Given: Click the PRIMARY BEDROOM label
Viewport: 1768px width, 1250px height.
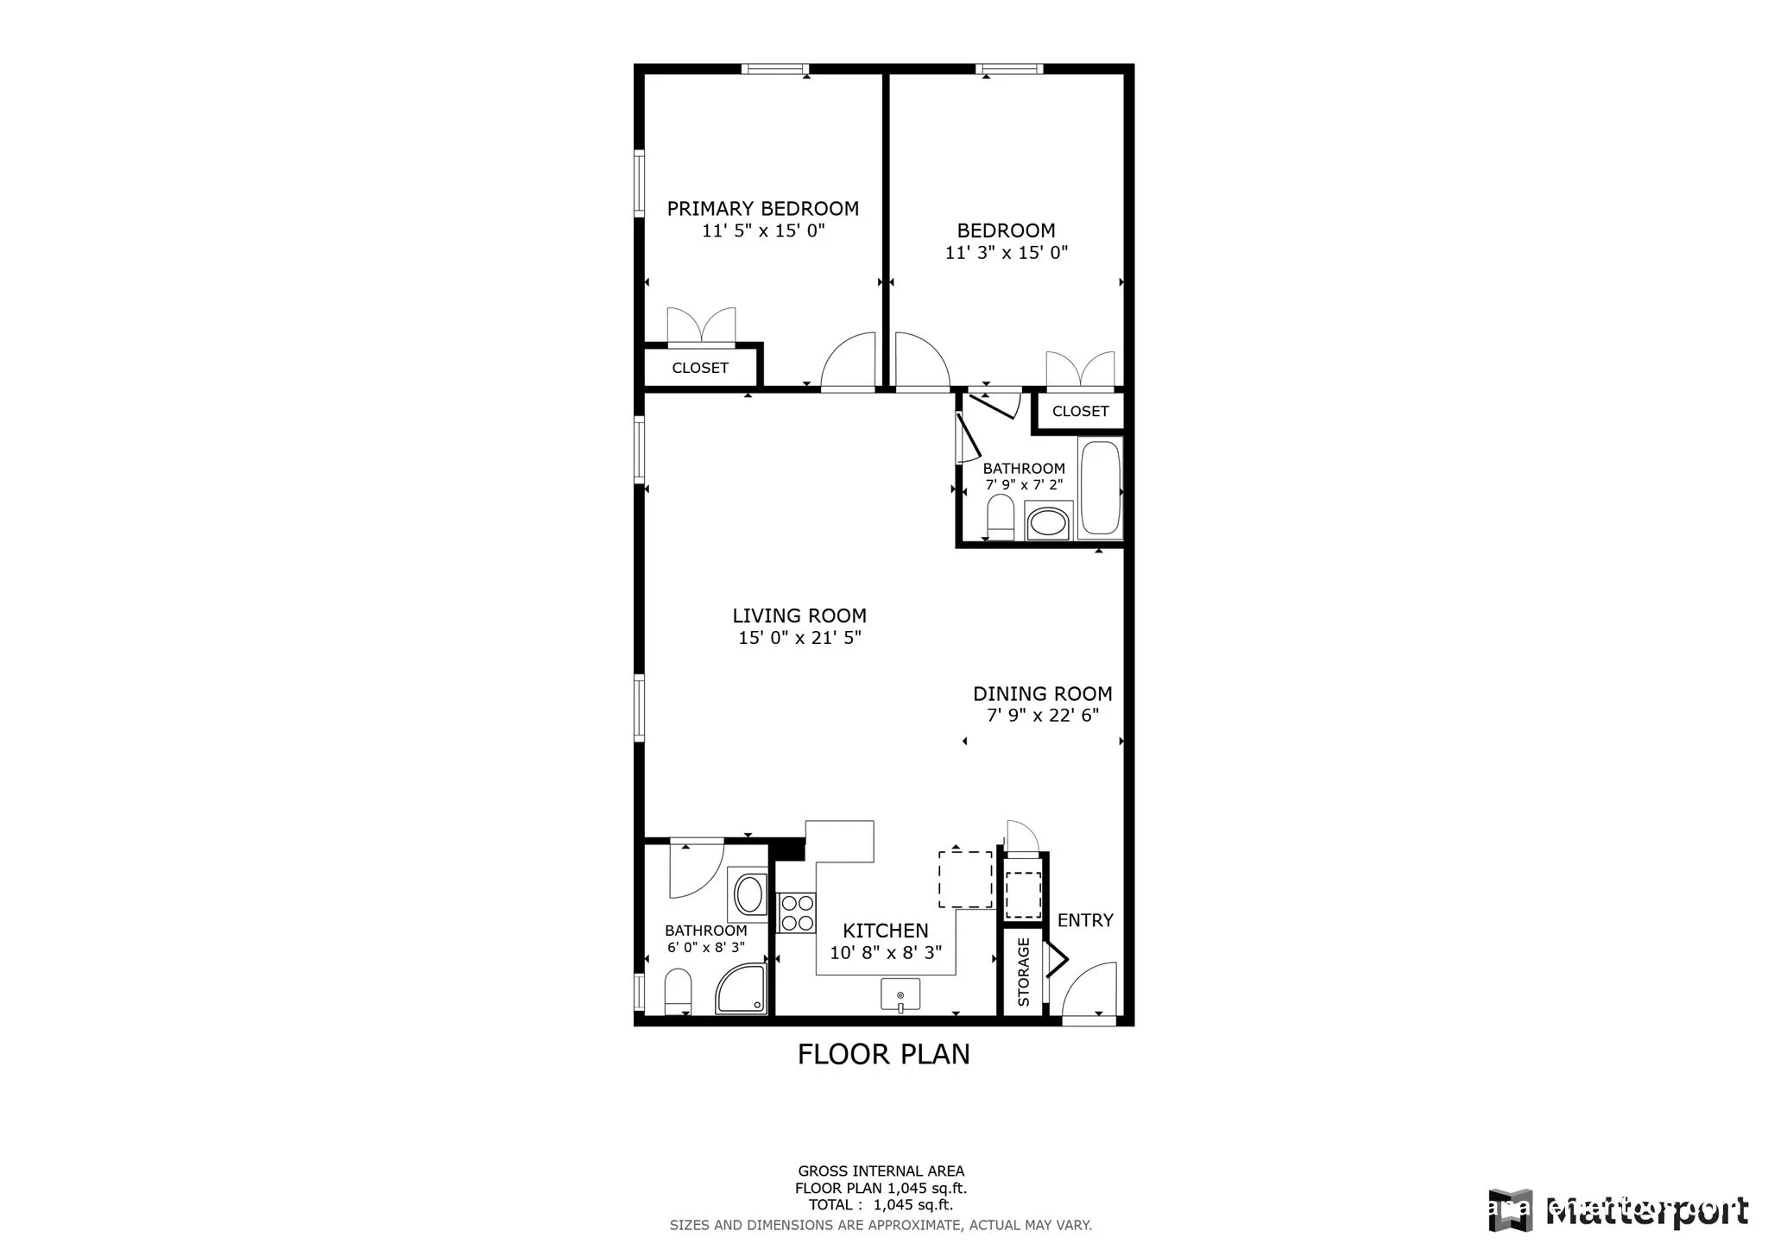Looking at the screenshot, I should pyautogui.click(x=762, y=209).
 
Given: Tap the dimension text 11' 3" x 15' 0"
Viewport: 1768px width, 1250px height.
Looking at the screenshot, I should pyautogui.click(x=1006, y=253).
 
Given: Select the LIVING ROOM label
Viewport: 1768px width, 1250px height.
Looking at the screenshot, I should pyautogui.click(x=799, y=616).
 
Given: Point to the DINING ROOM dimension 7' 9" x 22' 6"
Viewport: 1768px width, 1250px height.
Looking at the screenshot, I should pyautogui.click(x=1042, y=716).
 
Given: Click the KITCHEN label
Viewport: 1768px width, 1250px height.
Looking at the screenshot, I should pyautogui.click(x=885, y=931).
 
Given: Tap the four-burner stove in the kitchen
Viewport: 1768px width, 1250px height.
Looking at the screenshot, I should pyautogui.click(x=796, y=913).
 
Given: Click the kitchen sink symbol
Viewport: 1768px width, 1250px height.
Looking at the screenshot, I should pyautogui.click(x=900, y=994).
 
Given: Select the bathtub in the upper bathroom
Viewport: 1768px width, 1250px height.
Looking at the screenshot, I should pyautogui.click(x=1100, y=489).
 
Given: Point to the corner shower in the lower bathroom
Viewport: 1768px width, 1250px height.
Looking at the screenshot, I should pyautogui.click(x=742, y=990).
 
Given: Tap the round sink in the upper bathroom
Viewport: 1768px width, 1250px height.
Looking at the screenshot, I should pyautogui.click(x=1048, y=521).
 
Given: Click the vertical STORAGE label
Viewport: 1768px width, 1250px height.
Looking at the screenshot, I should pyautogui.click(x=1024, y=972).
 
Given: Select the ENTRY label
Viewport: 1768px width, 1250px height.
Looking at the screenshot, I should pyautogui.click(x=1084, y=920).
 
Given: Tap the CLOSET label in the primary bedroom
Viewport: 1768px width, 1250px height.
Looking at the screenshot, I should pyautogui.click(x=700, y=368).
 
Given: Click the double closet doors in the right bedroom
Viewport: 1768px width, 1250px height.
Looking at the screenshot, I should pyautogui.click(x=1079, y=369).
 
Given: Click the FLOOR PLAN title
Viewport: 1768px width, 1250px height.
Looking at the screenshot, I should pyautogui.click(x=883, y=1054).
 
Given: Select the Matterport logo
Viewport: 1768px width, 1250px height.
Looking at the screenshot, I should pyautogui.click(x=1619, y=1211).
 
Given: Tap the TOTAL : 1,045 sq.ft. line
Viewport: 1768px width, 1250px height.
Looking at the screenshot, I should pyautogui.click(x=881, y=1205).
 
